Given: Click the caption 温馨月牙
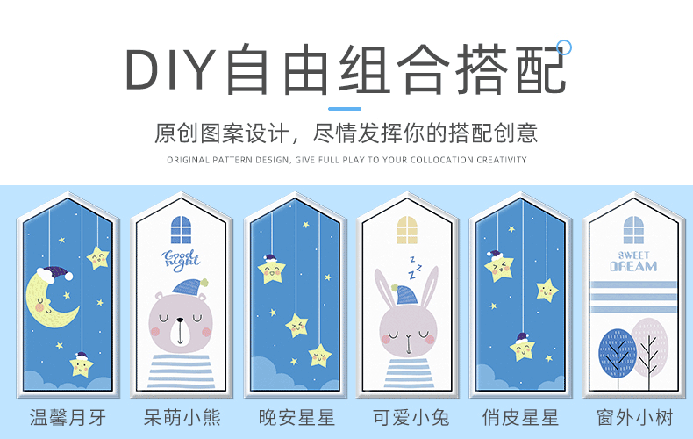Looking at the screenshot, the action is point(68,416).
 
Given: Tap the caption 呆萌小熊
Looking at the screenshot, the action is point(182,416).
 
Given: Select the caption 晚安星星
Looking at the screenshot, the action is point(296,416).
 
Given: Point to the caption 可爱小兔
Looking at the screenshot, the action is point(408,416).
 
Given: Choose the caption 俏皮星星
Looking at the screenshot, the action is point(521,416).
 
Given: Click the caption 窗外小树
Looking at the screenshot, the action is point(633,416).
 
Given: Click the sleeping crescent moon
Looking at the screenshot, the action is point(52,299).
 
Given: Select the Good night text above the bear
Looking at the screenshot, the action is point(181,258).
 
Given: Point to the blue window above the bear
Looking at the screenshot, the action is point(181,230).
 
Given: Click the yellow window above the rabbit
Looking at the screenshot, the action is point(408,230).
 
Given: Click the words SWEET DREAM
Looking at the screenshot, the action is point(633,261).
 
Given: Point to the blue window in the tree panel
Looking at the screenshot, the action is point(633,230).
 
